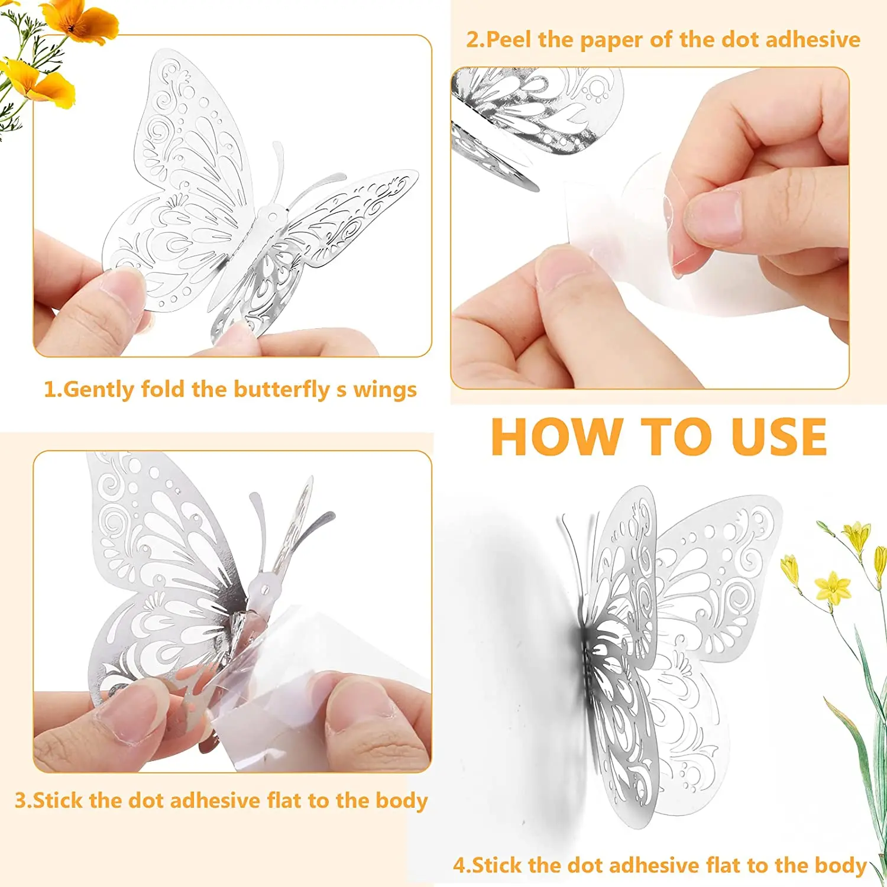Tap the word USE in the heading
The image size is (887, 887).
tap(779, 438)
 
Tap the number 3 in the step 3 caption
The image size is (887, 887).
tap(21, 800)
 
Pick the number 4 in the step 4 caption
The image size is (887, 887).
tap(459, 865)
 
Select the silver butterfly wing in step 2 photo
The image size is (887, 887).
tap(532, 106)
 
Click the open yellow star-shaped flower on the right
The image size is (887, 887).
tap(833, 587)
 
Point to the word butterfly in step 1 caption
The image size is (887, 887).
tap(281, 390)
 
